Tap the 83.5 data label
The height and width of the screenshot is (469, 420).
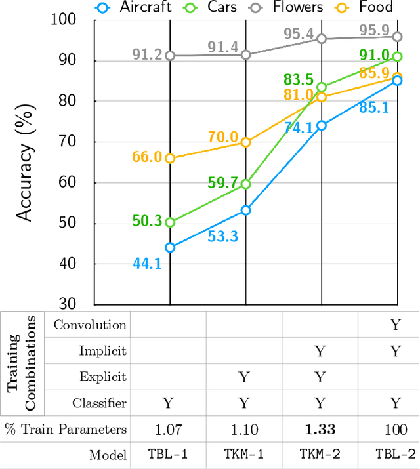299,80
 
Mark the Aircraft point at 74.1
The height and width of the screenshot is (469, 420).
322,125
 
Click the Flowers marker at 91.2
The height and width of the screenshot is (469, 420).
170,56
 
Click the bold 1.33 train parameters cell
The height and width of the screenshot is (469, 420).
320,430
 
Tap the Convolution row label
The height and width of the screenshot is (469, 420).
90,325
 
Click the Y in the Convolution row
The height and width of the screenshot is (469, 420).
395,325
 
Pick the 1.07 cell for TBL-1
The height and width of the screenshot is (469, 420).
168,430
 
